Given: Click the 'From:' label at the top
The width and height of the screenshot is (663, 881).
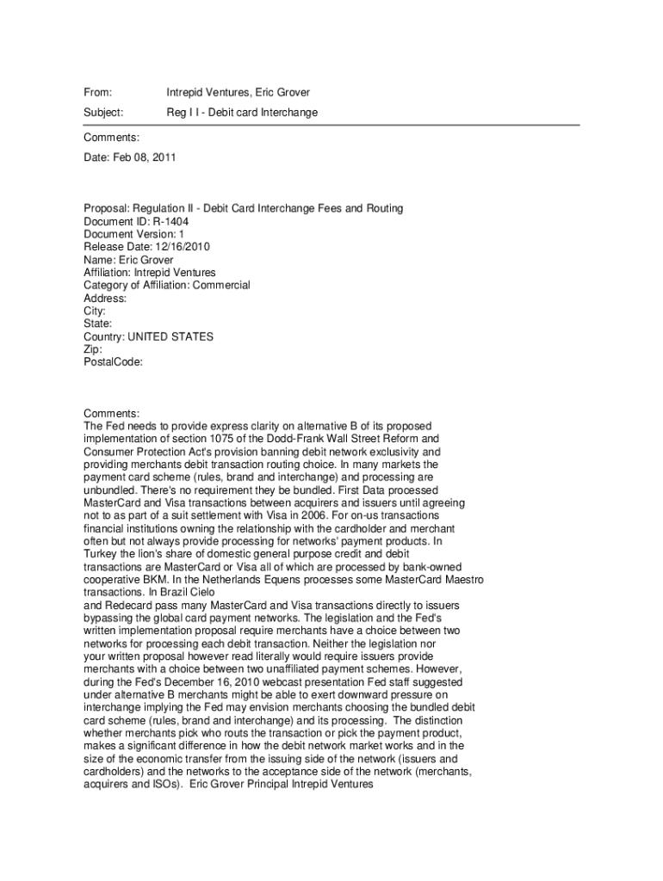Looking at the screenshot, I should [98, 92].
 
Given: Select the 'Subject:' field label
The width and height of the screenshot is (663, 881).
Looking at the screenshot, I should [103, 113].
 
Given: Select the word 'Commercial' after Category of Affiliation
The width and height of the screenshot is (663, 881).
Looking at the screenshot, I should [221, 285].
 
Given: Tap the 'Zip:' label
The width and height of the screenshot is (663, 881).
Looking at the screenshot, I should [93, 349].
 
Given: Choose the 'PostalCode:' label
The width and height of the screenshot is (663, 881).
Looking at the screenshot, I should [113, 362].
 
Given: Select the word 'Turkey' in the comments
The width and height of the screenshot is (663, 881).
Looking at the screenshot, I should [100, 554].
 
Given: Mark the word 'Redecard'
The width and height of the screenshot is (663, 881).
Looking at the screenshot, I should [126, 606].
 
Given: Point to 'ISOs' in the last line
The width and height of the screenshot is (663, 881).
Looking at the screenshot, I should [150, 785].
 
